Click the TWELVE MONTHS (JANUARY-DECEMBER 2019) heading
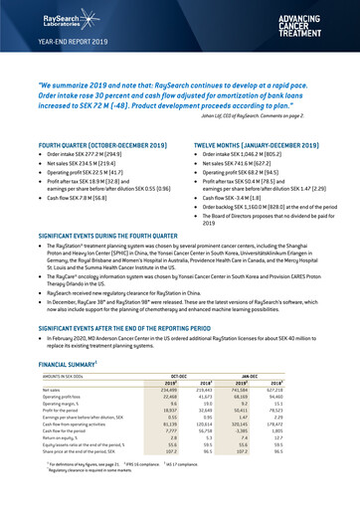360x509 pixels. tap(265, 144)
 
